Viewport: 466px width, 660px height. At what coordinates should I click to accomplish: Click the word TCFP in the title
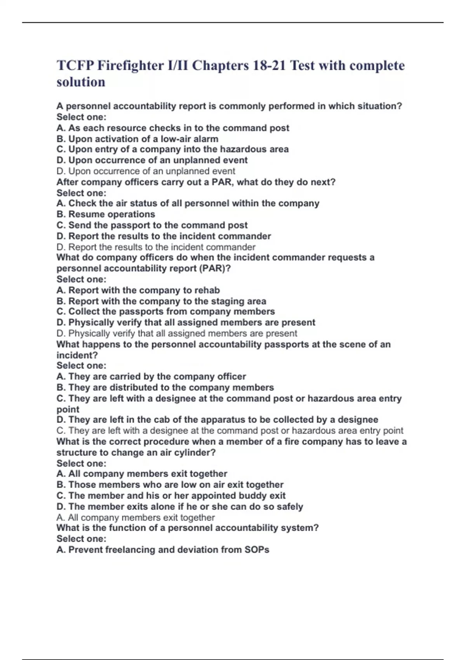[x=75, y=66]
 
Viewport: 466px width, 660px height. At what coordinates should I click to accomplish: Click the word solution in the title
[x=81, y=82]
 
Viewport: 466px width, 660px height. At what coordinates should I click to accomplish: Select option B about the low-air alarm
[x=137, y=139]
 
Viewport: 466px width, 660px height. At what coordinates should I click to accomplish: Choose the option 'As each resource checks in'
[x=173, y=128]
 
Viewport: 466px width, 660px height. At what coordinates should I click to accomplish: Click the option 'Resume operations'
[x=106, y=214]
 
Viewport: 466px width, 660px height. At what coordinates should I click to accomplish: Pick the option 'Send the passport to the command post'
[x=152, y=225]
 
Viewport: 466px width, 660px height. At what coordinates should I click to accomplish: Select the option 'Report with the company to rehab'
[x=138, y=290]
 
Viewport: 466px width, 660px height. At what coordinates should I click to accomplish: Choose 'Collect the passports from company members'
[x=166, y=311]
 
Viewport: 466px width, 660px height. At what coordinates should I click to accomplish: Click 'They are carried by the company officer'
[x=151, y=376]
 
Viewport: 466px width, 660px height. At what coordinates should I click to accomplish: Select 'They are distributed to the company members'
[x=165, y=387]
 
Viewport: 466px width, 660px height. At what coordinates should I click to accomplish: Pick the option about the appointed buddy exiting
[x=171, y=495]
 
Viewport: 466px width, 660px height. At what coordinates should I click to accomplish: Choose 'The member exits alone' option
[x=180, y=507]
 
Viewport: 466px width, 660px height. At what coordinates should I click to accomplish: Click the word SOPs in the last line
[x=257, y=550]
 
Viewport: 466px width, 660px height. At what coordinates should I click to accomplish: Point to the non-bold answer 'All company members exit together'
[x=136, y=518]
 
